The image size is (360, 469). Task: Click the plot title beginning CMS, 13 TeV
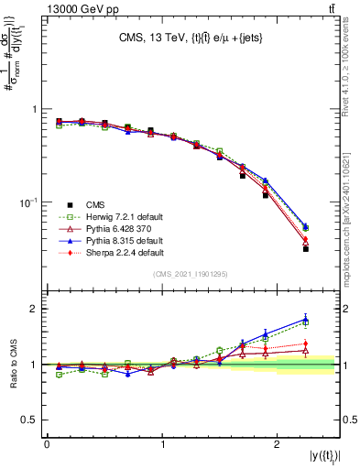point(191,38)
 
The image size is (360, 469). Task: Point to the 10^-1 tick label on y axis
point(27,202)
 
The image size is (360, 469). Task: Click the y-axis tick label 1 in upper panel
point(35,109)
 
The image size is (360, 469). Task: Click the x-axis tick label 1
point(162,443)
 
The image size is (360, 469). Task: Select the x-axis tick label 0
point(47,443)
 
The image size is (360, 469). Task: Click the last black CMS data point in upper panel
point(306,248)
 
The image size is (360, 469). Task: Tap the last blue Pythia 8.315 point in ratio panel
point(306,319)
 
